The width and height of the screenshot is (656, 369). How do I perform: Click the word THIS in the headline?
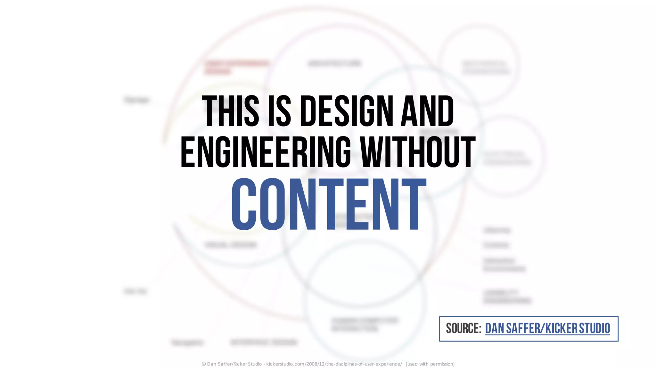[230, 111]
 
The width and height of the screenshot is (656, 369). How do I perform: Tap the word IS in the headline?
[279, 111]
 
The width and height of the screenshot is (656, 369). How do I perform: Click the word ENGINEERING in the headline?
[266, 152]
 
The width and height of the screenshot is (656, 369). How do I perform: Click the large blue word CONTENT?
[329, 204]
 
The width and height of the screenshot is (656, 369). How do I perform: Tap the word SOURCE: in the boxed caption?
[463, 329]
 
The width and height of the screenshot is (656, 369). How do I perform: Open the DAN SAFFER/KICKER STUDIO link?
[547, 329]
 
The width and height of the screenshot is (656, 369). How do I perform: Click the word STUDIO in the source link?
[594, 329]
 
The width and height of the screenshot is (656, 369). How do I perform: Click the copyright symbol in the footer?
[204, 364]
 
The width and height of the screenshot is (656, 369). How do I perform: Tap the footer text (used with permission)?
[430, 364]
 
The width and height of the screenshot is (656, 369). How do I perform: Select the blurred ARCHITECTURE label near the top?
[334, 63]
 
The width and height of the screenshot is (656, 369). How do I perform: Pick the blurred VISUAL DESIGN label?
[231, 245]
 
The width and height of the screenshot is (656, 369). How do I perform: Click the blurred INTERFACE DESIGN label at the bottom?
[264, 342]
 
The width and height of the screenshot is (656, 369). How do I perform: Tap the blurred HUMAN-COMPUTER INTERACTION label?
[364, 324]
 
